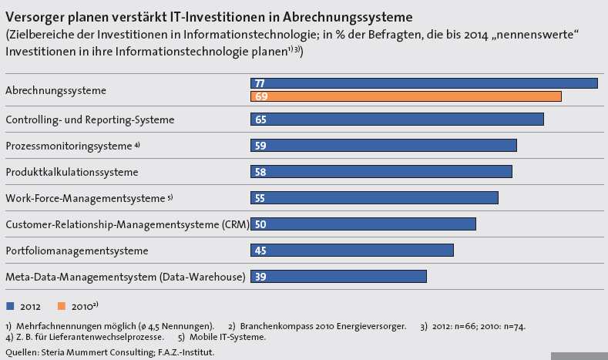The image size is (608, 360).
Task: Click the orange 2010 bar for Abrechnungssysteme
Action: (x=406, y=96)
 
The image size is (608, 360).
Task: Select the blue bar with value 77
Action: (x=424, y=83)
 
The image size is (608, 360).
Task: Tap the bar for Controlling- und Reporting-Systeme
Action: (x=397, y=119)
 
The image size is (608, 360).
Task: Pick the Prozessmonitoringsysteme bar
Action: (x=384, y=146)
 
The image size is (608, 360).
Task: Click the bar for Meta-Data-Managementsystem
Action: (x=338, y=277)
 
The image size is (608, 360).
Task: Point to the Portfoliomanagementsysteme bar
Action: (x=352, y=251)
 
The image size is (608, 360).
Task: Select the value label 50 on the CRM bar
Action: (x=260, y=224)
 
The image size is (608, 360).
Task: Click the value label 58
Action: (x=260, y=172)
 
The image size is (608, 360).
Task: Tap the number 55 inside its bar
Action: (x=260, y=198)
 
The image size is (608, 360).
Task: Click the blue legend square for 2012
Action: (x=10, y=306)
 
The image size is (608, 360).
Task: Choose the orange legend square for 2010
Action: (x=62, y=306)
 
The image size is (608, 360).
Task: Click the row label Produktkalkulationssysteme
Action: (x=72, y=172)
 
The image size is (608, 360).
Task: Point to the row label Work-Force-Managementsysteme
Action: (x=86, y=198)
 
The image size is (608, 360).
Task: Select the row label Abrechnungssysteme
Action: (x=55, y=90)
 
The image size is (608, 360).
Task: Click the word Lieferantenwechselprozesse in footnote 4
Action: (x=106, y=337)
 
